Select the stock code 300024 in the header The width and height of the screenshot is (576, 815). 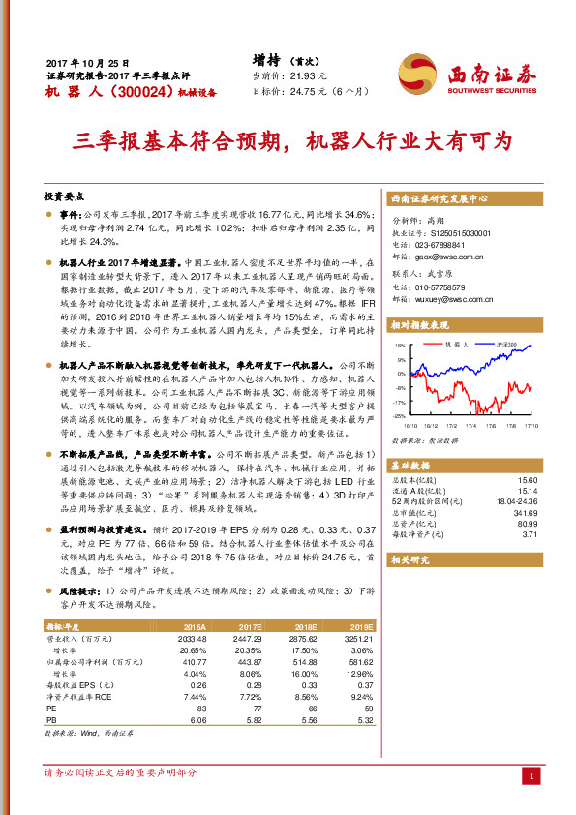tap(141, 92)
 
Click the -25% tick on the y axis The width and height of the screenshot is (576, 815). tap(398, 415)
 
